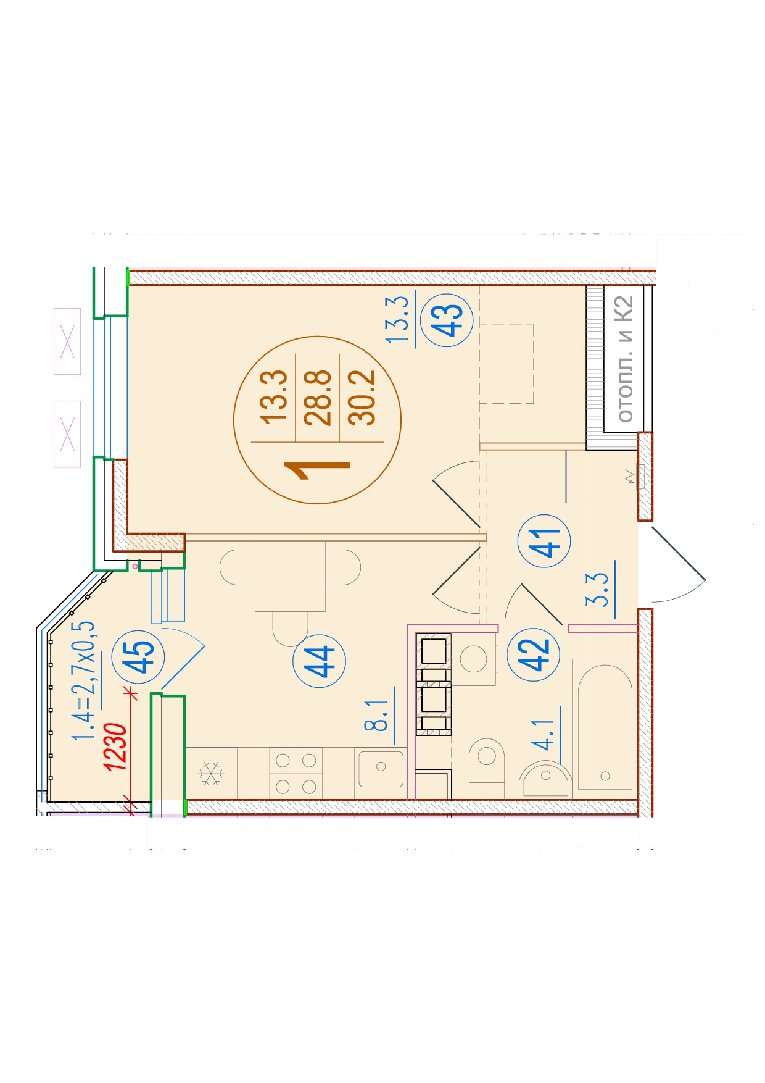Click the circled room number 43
tap(447, 319)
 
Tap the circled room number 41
tap(545, 541)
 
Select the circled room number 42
tap(533, 654)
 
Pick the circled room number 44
tap(319, 661)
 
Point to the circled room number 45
tap(138, 656)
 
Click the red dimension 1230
tap(116, 747)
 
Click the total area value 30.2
tap(362, 398)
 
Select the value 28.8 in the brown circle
tap(318, 398)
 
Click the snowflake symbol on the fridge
tap(211, 774)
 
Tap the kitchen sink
tap(381, 767)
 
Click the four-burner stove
tap(296, 774)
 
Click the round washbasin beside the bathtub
tap(545, 780)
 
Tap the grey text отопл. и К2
tap(625, 359)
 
